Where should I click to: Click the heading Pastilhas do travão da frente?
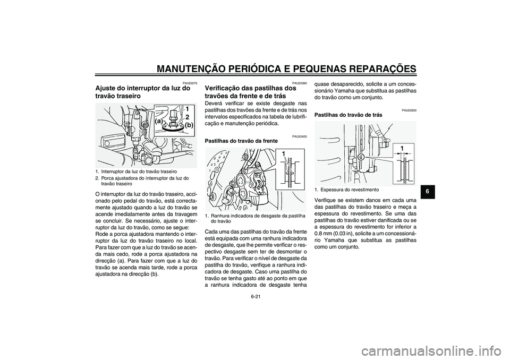[241, 142]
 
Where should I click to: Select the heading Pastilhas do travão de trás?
[348, 115]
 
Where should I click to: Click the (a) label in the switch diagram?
[158, 121]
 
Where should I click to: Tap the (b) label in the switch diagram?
[189, 125]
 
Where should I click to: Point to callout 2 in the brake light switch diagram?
[187, 117]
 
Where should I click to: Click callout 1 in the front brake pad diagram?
[284, 154]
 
